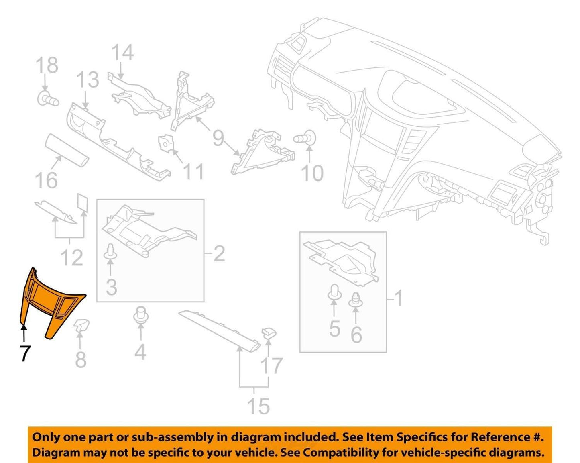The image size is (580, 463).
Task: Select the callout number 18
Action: click(x=47, y=65)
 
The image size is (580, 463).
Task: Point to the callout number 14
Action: click(x=123, y=53)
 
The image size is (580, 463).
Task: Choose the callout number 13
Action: click(x=88, y=80)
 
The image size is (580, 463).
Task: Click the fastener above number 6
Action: click(x=356, y=300)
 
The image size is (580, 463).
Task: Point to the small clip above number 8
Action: click(x=81, y=324)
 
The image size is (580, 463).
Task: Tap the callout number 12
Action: click(x=72, y=257)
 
